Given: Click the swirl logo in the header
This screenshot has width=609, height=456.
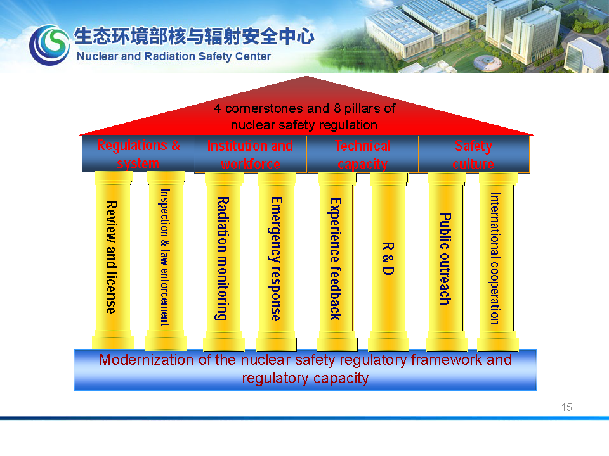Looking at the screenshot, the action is [49, 45].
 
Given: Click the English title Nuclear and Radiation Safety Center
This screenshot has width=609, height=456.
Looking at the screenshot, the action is [174, 56].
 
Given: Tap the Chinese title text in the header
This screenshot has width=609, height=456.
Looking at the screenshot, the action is [194, 35].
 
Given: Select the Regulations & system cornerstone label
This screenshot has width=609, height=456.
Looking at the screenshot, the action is [138, 154].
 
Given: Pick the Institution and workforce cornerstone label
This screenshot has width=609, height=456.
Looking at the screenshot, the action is [250, 155].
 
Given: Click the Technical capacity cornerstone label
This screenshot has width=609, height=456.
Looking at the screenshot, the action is [362, 155].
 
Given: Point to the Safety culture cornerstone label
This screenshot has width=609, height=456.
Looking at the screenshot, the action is [473, 155].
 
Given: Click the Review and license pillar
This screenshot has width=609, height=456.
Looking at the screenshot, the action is [113, 260].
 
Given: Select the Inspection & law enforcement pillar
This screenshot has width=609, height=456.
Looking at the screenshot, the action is [166, 260].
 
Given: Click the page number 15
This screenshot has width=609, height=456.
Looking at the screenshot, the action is [566, 407].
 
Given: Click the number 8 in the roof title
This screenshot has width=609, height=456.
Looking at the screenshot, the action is [337, 108].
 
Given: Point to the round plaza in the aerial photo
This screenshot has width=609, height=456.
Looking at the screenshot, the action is [487, 63].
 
